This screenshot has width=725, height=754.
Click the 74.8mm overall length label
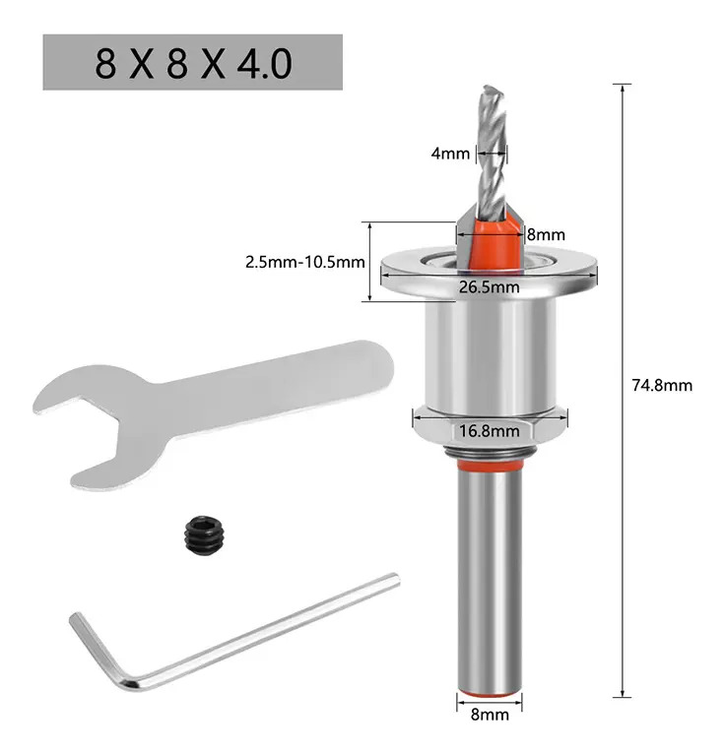[662, 386]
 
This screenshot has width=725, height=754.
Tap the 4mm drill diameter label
[450, 154]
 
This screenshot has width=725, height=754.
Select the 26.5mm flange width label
[489, 287]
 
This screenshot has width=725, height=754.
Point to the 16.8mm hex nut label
[490, 430]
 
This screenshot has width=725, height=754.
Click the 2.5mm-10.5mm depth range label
[305, 262]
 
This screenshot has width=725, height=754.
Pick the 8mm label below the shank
[490, 715]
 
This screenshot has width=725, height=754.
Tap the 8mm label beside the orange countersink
[546, 234]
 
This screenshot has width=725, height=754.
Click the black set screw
[204, 536]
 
